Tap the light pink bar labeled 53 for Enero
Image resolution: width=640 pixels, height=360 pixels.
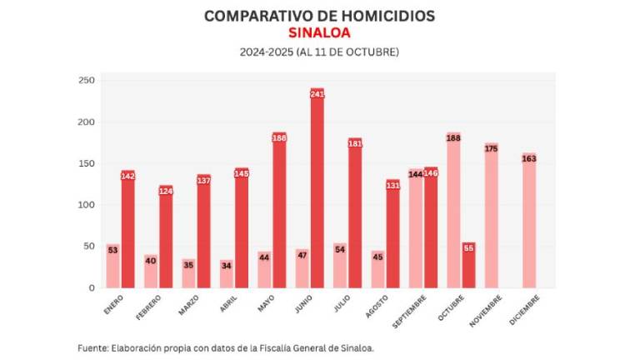click(112, 266)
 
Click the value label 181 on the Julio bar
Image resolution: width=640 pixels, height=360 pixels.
click(355, 143)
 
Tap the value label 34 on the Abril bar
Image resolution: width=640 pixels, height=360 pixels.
click(227, 267)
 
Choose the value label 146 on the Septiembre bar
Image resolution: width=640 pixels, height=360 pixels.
click(431, 172)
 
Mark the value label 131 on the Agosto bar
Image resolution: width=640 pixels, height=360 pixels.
click(393, 185)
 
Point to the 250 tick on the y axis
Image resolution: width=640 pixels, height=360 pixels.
click(86, 81)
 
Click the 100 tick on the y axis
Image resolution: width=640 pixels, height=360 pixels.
click(86, 205)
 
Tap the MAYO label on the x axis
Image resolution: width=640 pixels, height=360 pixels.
click(265, 304)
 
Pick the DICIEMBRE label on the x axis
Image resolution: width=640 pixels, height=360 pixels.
click(525, 311)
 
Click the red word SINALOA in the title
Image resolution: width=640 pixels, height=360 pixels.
click(319, 33)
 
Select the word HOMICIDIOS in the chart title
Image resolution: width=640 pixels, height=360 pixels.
click(377, 16)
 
